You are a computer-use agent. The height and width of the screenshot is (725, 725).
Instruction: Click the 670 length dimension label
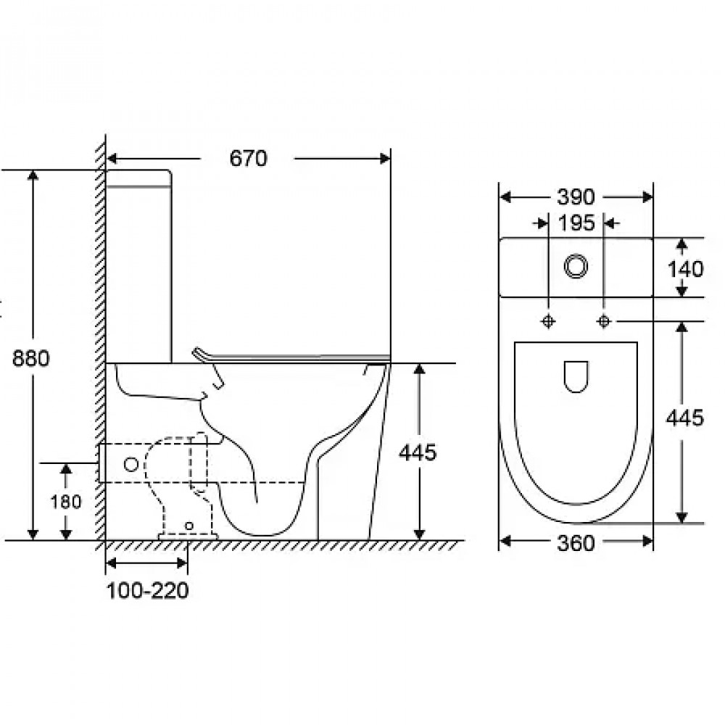click(x=248, y=159)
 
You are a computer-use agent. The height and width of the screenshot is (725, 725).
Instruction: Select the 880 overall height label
click(x=30, y=358)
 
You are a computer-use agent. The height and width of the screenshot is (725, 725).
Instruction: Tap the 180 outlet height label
click(x=66, y=502)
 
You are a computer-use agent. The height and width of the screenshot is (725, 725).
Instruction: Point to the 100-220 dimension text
click(x=147, y=591)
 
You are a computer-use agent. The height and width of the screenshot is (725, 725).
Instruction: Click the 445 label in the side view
click(x=418, y=452)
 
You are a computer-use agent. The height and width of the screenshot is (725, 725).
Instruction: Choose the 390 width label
click(x=576, y=197)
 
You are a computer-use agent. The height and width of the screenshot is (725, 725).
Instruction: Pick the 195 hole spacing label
click(x=576, y=223)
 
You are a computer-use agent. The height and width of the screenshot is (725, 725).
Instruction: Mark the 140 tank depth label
click(x=685, y=269)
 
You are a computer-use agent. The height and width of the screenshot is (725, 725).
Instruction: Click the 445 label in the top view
click(x=685, y=418)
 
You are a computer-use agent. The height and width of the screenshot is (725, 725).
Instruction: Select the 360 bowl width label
click(x=576, y=543)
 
